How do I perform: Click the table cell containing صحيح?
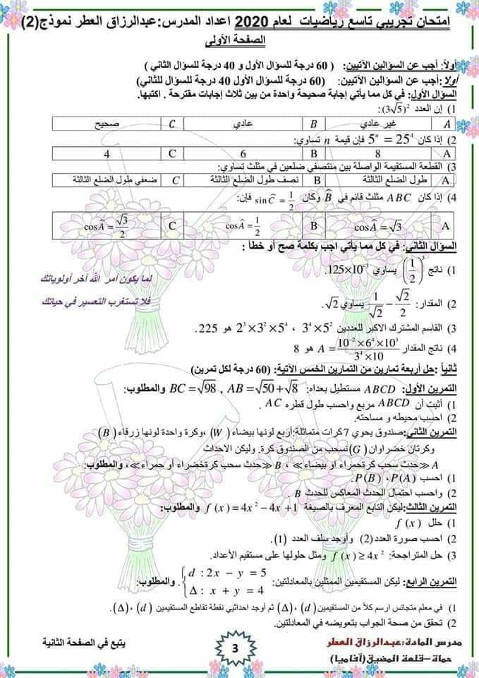[x=106, y=124]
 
